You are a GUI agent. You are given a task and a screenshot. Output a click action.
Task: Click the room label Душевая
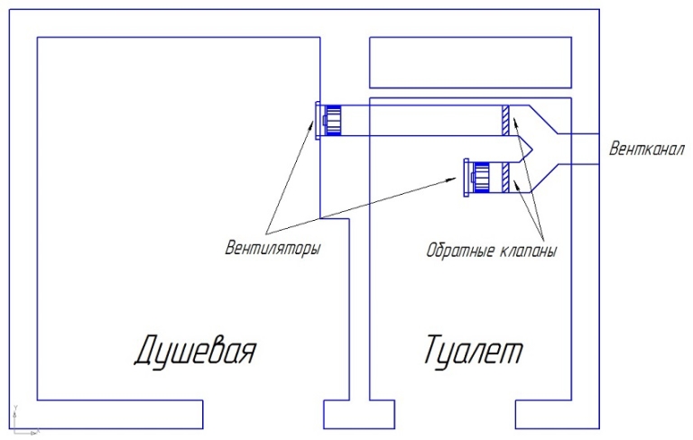pos(195,352)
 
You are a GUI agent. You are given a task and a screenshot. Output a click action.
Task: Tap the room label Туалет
pos(474,350)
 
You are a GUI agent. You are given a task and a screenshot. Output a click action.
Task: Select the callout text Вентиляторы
pos(273,247)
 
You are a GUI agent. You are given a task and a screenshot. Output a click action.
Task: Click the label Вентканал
pos(647,149)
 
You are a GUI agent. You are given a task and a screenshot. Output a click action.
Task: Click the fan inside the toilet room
pos(476,178)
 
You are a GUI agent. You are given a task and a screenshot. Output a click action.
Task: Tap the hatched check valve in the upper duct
pos(505,121)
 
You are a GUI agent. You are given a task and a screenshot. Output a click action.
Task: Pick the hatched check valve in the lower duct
pos(505,178)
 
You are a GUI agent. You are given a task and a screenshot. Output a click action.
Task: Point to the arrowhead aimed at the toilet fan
pos(452,179)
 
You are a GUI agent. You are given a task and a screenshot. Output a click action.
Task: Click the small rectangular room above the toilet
pos(470,63)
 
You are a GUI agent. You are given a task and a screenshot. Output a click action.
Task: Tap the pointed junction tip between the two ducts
pos(533,150)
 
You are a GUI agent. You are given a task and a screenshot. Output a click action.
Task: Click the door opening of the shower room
pos(263,415)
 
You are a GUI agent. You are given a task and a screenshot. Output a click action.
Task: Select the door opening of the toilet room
pos(455,415)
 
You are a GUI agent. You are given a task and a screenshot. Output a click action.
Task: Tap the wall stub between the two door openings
pos(359,415)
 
